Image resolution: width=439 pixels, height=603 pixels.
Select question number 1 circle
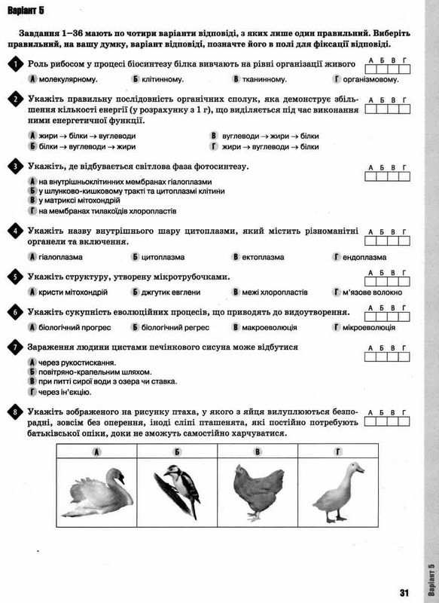point(16,66)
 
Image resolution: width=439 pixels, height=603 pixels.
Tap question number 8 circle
point(16,412)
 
